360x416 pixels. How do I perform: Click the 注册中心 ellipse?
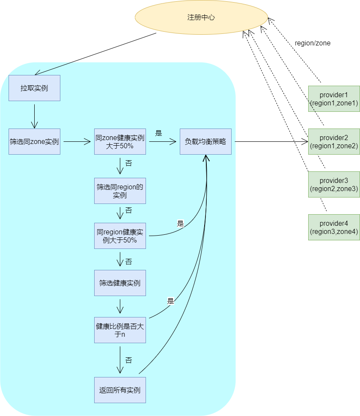coord(201,18)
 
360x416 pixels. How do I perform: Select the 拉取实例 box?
coord(35,88)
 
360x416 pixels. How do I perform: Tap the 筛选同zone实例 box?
coord(35,142)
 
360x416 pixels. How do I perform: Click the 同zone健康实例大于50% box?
coord(120,142)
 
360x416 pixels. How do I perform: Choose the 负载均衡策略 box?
coord(206,142)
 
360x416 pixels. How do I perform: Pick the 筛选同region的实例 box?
coord(120,191)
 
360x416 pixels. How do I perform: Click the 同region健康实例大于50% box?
coord(120,236)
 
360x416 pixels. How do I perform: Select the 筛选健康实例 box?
coord(120,283)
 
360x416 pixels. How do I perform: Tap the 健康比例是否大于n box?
coord(120,330)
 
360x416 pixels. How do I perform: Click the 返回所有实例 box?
coord(120,390)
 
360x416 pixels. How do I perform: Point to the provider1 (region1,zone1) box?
coord(334,99)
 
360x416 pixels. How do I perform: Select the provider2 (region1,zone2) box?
coord(334,142)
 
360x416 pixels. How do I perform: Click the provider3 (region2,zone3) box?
coord(334,184)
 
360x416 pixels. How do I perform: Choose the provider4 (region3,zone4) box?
coord(334,227)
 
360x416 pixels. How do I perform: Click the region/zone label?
coord(312,43)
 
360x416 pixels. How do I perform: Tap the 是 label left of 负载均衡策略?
coord(158,133)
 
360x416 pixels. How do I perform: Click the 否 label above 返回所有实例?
coord(128,360)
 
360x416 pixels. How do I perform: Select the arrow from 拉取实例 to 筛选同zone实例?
coord(35,116)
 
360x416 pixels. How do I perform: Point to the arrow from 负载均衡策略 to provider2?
coord(271,142)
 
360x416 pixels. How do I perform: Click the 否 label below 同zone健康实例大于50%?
coord(128,163)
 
